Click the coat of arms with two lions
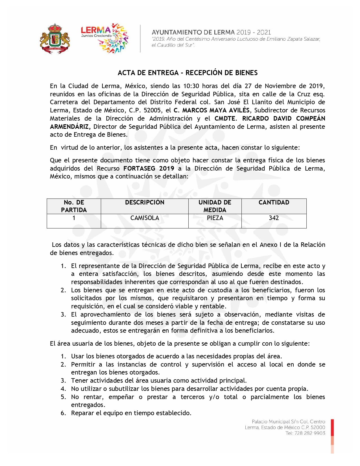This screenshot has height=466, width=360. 55,39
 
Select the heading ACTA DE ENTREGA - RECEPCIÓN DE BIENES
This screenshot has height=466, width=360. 187,73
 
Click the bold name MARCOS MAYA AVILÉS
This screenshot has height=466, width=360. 216,110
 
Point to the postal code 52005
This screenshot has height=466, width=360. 153,110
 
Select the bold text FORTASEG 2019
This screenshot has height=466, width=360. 149,168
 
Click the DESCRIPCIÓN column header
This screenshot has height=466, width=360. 145,202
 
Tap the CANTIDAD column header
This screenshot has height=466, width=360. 274,202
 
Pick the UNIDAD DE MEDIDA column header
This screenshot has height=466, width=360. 215,206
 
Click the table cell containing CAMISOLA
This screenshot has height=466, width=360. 145,218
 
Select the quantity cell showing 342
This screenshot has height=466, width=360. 274,218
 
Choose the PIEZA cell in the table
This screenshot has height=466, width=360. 215,218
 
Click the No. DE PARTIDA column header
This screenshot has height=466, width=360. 74,206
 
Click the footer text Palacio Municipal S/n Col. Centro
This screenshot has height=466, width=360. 288,422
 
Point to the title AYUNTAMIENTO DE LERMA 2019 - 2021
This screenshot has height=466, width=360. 211,32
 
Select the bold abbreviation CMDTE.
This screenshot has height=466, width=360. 225,118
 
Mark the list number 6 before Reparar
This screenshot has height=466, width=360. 63,413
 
